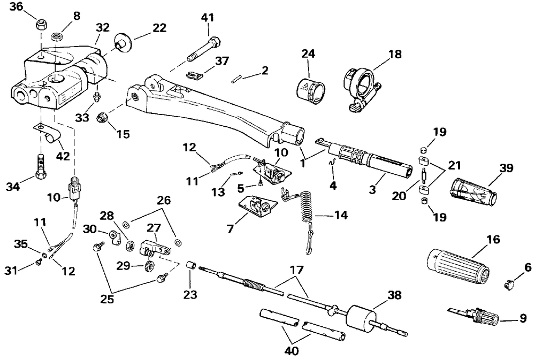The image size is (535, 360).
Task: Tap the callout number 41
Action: [x=208, y=17]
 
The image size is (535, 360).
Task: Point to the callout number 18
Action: [x=395, y=54]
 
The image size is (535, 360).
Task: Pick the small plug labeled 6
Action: [x=509, y=284]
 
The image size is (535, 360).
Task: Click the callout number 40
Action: [x=291, y=351]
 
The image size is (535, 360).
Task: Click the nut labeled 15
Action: [x=102, y=117]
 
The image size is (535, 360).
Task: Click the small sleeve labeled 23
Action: [x=190, y=265]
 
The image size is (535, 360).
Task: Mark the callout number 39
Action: [x=506, y=168]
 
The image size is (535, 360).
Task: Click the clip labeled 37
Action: [x=195, y=74]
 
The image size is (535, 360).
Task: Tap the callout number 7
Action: [x=230, y=228]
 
